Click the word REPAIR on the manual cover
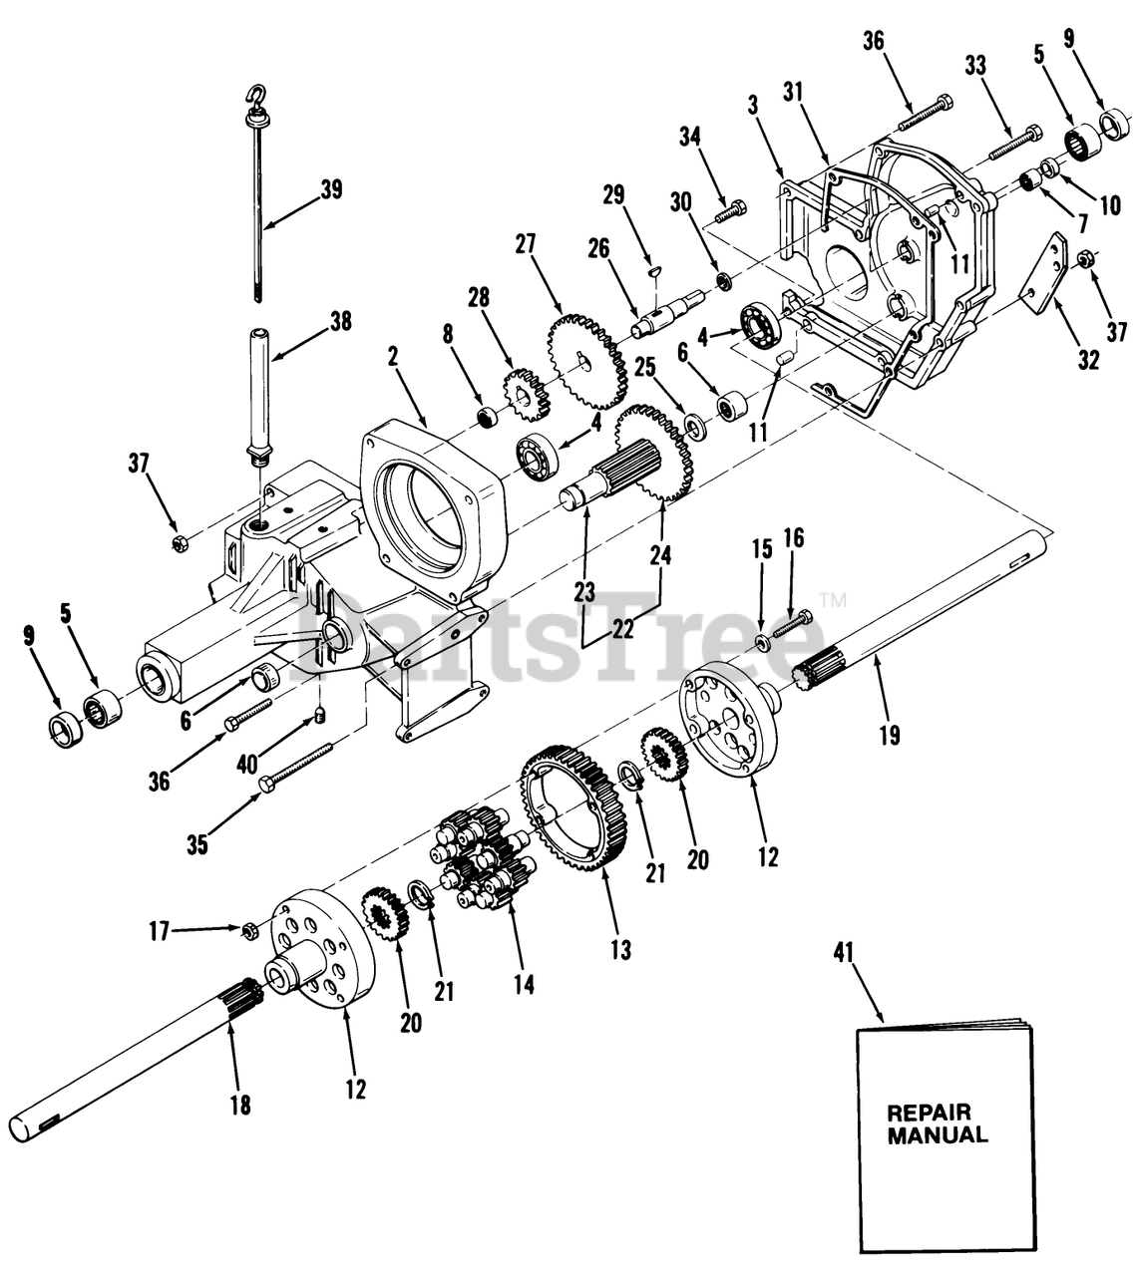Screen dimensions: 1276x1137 pyautogui.click(x=928, y=1113)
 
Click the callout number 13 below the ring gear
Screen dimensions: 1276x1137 pyautogui.click(x=620, y=949)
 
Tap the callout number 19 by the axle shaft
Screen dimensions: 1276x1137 pyautogui.click(x=889, y=736)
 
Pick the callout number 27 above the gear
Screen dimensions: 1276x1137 pyautogui.click(x=526, y=244)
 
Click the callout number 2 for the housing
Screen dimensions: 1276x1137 pyautogui.click(x=394, y=356)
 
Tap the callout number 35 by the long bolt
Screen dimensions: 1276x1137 pyautogui.click(x=197, y=844)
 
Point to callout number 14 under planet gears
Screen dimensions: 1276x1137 pyautogui.click(x=524, y=984)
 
